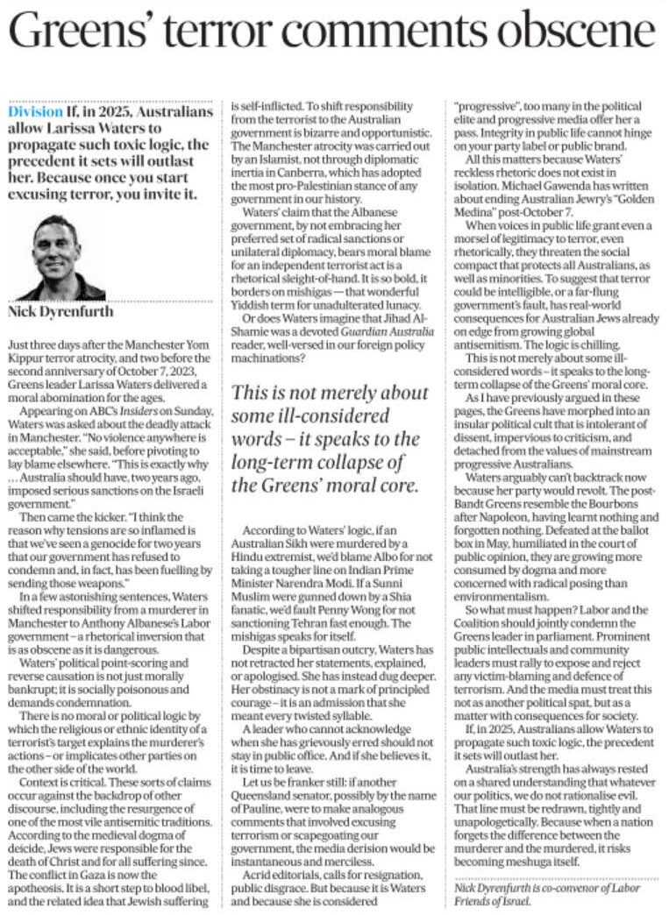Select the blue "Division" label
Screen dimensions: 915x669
tap(35, 113)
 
